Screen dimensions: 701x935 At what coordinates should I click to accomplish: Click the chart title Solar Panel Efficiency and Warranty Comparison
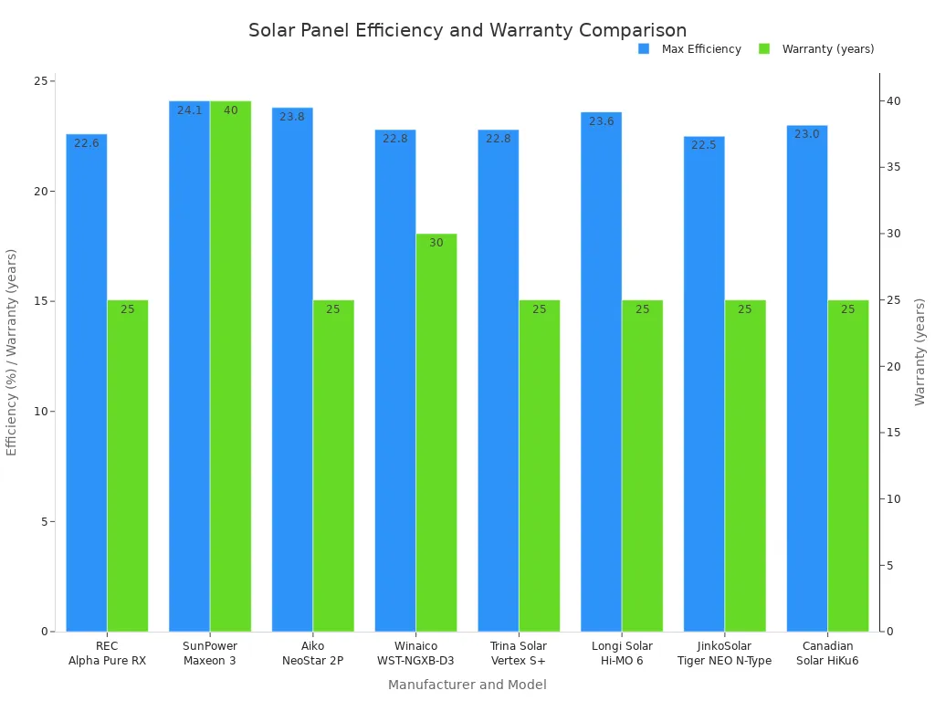pyautogui.click(x=467, y=30)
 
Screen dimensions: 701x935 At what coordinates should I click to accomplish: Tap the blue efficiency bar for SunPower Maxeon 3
pyautogui.click(x=189, y=365)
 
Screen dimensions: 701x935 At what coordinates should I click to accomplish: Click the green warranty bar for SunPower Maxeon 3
pyautogui.click(x=230, y=365)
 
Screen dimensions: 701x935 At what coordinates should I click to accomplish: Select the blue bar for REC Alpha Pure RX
pyautogui.click(x=86, y=383)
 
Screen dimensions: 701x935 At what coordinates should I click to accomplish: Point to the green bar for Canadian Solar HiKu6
pyautogui.click(x=848, y=466)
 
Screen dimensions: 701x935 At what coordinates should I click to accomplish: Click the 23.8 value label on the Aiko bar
pyautogui.click(x=292, y=117)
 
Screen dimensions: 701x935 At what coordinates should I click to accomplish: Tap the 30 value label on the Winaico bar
pyautogui.click(x=436, y=243)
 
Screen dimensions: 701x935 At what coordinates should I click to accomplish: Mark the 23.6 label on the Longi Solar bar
pyautogui.click(x=602, y=121)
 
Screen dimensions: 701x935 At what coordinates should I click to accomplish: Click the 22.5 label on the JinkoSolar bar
pyautogui.click(x=704, y=145)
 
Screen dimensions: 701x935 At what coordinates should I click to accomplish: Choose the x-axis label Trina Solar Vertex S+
pyautogui.click(x=519, y=654)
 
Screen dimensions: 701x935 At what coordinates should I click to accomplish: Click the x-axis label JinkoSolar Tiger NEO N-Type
pyautogui.click(x=724, y=654)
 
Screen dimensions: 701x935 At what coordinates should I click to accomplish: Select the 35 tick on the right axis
pyautogui.click(x=895, y=167)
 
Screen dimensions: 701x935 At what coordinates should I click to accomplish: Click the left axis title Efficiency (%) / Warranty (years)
pyautogui.click(x=12, y=351)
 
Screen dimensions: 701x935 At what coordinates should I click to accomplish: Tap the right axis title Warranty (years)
pyautogui.click(x=920, y=351)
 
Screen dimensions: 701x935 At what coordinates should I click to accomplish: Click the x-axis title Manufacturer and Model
pyautogui.click(x=467, y=685)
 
